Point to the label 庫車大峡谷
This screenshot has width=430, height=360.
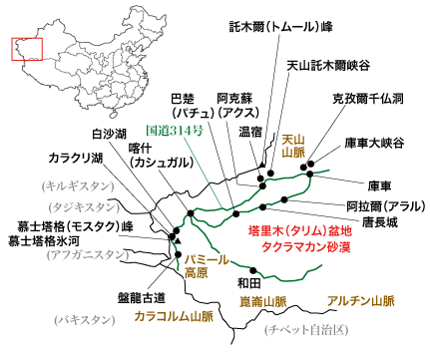point(375,143)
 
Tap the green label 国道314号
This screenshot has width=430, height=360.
point(178,130)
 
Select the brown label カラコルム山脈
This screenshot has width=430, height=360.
point(179,315)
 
